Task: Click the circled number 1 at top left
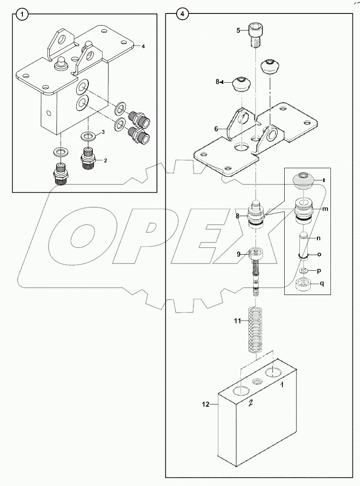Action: (22, 15)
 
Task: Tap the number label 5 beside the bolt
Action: (239, 30)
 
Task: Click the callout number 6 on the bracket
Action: (216, 129)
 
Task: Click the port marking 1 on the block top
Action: (283, 384)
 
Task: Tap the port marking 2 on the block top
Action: (252, 403)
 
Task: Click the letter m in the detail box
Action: (325, 209)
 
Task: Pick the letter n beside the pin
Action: (319, 238)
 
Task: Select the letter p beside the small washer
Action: (319, 271)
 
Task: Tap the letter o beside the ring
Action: (319, 254)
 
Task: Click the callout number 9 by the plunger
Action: (239, 254)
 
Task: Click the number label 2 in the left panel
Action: (106, 160)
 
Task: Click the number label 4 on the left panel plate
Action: (143, 46)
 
